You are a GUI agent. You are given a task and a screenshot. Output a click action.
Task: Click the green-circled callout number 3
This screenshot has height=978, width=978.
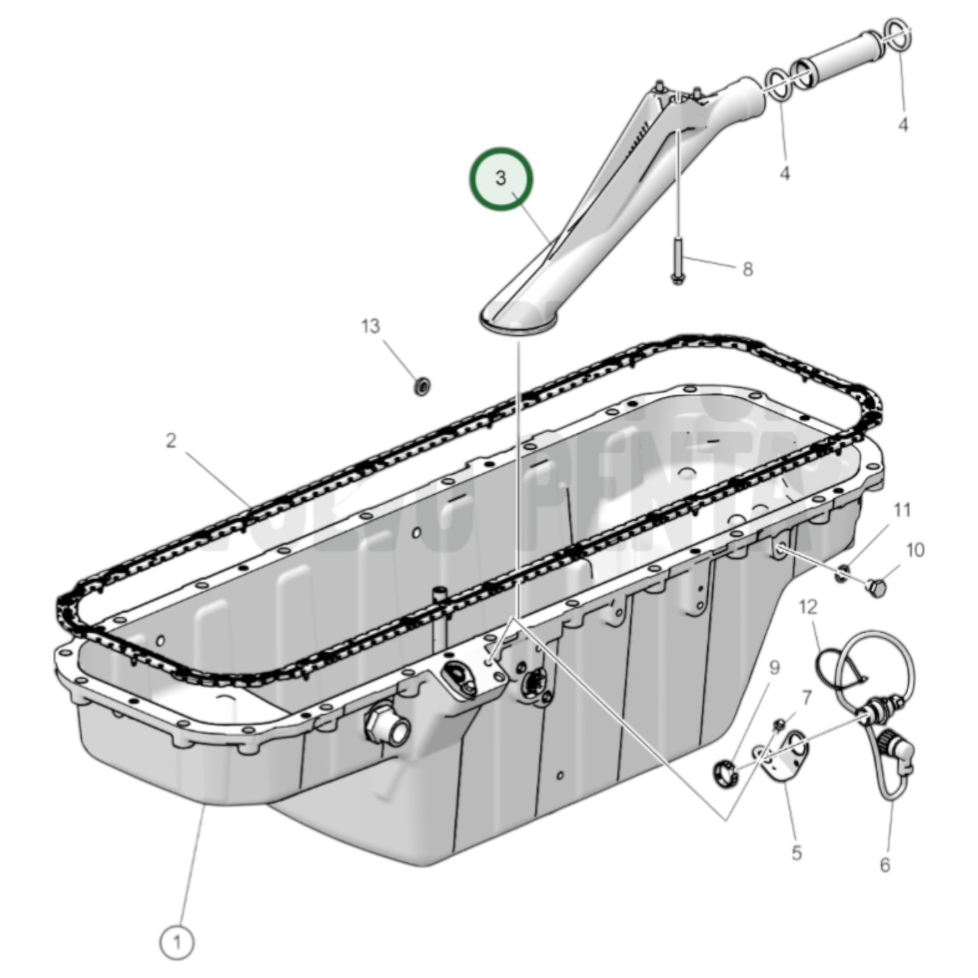pos(502,179)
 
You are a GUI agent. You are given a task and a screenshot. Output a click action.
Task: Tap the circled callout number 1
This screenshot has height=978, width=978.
pos(177,941)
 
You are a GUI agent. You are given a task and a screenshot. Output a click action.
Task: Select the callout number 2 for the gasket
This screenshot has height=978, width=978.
pos(171,441)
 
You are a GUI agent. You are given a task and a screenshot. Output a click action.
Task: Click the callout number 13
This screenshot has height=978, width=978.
pos(370,326)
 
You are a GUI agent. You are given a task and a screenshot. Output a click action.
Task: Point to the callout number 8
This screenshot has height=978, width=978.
pos(747,269)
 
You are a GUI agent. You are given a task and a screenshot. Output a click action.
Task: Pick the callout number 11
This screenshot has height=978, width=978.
pos(903,510)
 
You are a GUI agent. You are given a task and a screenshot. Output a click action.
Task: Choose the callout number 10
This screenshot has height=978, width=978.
pos(914,550)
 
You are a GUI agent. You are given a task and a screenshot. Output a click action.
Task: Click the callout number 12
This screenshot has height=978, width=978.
pos(808,606)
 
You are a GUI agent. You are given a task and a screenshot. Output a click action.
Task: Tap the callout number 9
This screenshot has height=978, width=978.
pos(774,668)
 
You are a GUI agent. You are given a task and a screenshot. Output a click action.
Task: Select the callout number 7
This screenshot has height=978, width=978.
pos(806,697)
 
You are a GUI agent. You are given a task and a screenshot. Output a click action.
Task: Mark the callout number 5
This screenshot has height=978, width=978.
pos(796,853)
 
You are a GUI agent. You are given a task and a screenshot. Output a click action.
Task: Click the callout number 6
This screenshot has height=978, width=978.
pos(885,864)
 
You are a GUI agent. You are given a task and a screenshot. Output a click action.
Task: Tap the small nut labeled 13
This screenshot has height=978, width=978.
pos(424,387)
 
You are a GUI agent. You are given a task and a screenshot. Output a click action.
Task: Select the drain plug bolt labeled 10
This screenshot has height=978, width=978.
pos(876,587)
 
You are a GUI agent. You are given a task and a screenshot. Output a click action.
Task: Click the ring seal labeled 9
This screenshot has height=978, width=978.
pos(724,772)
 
